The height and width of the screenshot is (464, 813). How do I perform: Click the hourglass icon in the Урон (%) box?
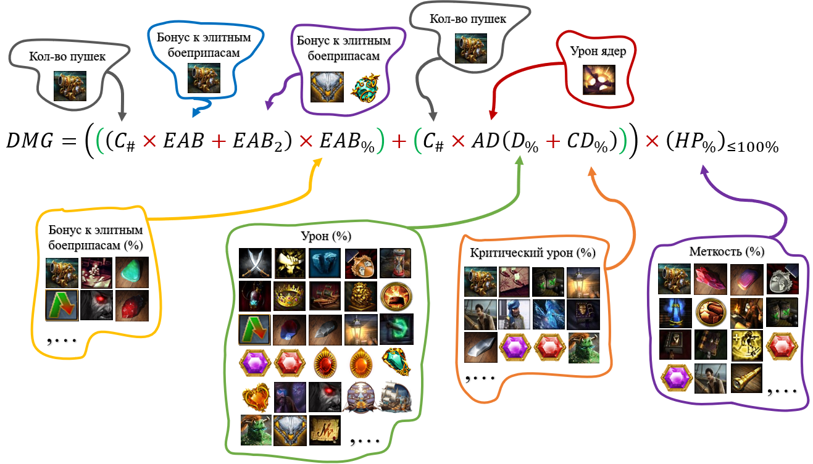(396, 263)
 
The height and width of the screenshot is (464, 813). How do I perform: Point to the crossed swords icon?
(254, 263)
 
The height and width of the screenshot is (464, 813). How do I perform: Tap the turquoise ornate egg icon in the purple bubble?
(366, 87)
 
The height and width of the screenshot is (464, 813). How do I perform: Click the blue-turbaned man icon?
(514, 314)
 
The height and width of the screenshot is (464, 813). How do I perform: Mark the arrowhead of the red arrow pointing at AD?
(492, 115)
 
